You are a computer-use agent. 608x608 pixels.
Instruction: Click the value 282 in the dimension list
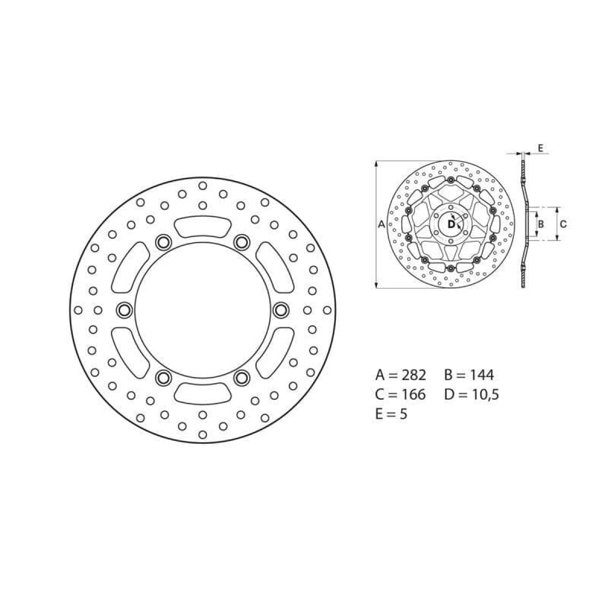(x=412, y=375)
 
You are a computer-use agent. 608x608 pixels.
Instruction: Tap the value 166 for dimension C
(x=412, y=394)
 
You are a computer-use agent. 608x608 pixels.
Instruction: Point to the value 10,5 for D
(x=485, y=394)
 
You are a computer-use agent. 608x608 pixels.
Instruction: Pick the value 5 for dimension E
(x=403, y=413)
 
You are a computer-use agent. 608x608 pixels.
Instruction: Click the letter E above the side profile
(x=540, y=148)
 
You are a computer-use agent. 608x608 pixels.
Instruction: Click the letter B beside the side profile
(x=541, y=223)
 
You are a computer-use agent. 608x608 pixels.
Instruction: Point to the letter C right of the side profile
(x=563, y=223)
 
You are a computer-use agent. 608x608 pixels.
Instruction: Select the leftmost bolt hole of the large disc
(x=124, y=310)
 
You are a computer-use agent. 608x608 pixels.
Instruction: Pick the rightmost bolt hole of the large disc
(x=281, y=310)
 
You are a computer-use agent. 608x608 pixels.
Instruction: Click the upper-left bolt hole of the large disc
(x=163, y=242)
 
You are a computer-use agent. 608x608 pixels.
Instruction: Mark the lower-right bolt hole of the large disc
(x=242, y=377)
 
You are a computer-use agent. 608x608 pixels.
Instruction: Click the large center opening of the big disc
(x=202, y=310)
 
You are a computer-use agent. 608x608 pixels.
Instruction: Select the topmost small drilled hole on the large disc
(x=202, y=185)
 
